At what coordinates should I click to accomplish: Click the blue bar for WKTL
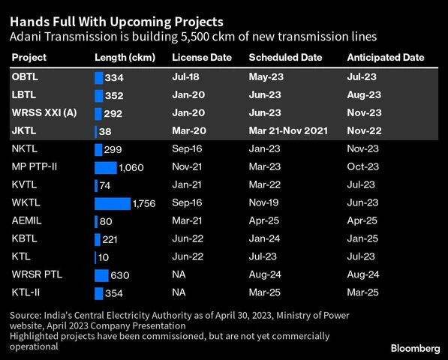(x=113, y=203)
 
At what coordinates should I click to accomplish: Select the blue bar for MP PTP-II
(x=106, y=167)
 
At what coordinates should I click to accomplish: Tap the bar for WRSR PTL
(x=101, y=275)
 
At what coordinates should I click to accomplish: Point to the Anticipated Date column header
(x=385, y=58)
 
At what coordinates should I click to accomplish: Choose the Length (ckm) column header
(x=125, y=58)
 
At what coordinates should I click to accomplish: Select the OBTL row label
(x=25, y=77)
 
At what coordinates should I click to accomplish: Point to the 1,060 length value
(x=131, y=168)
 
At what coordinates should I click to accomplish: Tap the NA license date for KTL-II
(x=179, y=293)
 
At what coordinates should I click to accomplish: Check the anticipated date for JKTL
(x=362, y=131)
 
